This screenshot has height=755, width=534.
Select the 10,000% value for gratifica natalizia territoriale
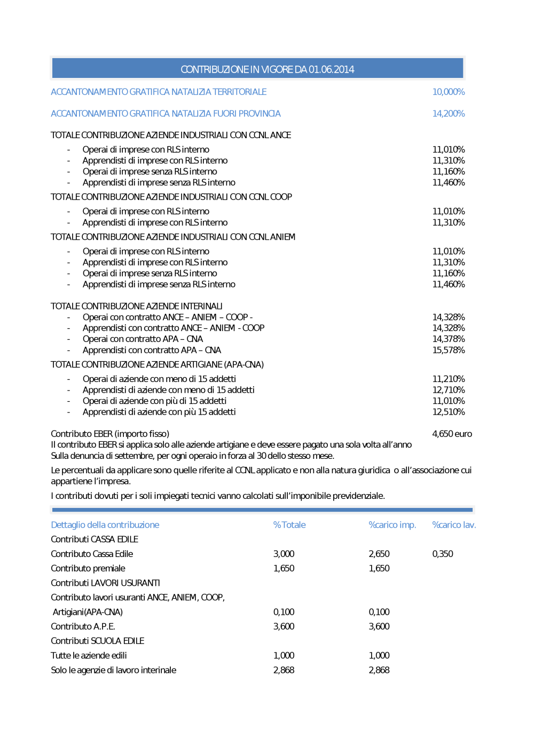[x=448, y=92]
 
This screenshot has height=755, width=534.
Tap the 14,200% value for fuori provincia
[x=448, y=114]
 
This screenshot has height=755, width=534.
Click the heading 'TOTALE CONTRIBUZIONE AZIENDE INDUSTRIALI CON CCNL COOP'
[x=171, y=197]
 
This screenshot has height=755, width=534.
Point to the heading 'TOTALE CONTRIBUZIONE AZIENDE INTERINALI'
[x=136, y=306]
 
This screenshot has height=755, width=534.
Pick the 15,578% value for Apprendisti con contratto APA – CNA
[x=448, y=350]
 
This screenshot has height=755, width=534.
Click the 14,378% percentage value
[x=448, y=339]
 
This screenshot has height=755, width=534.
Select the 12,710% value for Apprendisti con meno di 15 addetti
[x=448, y=390]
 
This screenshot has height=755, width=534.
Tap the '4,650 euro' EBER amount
[x=452, y=434]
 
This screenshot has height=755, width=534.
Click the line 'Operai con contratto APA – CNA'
[x=143, y=339]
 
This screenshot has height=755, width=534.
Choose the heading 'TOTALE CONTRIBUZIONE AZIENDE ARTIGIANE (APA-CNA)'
[x=157, y=364]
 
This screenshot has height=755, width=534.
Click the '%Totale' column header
[x=289, y=525]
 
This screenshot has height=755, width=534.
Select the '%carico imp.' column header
[x=392, y=525]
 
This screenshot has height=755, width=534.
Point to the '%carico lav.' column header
[x=453, y=525]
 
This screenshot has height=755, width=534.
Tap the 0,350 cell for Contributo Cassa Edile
[x=442, y=554]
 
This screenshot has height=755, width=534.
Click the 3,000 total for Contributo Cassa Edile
[x=284, y=554]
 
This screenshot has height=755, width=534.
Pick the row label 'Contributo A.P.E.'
[x=83, y=626]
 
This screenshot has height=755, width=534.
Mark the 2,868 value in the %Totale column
[x=284, y=670]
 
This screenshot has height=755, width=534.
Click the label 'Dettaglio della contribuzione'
[x=105, y=525]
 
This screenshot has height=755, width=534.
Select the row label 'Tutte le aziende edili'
[x=89, y=655]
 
